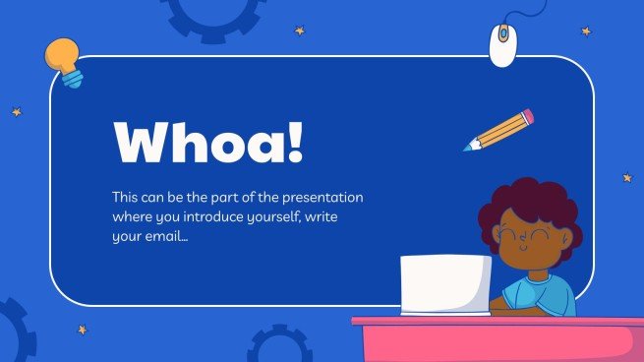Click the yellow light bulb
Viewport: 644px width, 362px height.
point(63,55)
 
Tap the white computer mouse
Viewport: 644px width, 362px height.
point(503,44)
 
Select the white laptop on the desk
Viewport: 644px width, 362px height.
point(445,284)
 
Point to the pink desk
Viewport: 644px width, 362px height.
point(501,339)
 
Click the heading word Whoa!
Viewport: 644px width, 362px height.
point(208,142)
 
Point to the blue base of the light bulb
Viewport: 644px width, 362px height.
point(72,79)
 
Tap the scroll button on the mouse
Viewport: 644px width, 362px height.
point(503,35)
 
